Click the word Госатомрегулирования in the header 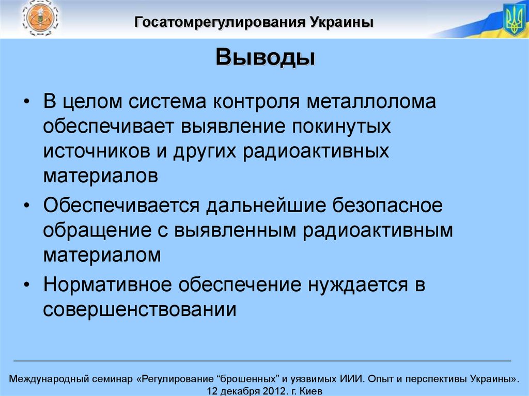[221, 22]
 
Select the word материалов [101, 176]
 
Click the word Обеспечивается [121, 205]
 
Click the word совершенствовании [139, 309]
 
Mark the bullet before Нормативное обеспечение [27, 284]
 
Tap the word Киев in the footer [310, 391]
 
